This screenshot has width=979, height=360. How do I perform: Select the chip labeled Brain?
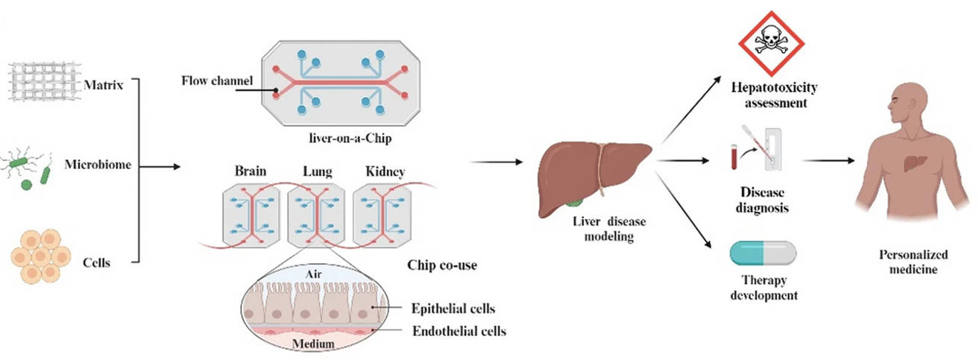tap(251, 216)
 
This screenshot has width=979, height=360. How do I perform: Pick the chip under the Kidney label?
tap(381, 215)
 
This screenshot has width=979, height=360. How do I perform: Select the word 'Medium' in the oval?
tap(312, 343)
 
